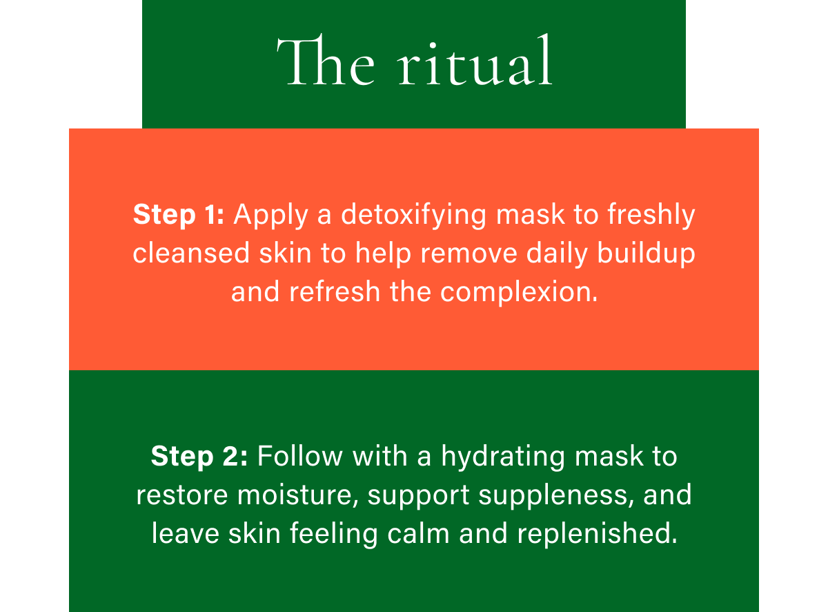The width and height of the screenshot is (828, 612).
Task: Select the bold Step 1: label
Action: [x=179, y=215]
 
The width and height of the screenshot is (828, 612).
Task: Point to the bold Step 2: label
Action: [x=199, y=457]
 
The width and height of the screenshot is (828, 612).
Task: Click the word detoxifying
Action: [x=415, y=215]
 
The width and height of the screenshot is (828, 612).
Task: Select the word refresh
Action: [x=335, y=292]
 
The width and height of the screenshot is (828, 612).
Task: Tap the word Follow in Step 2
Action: [x=300, y=457]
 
